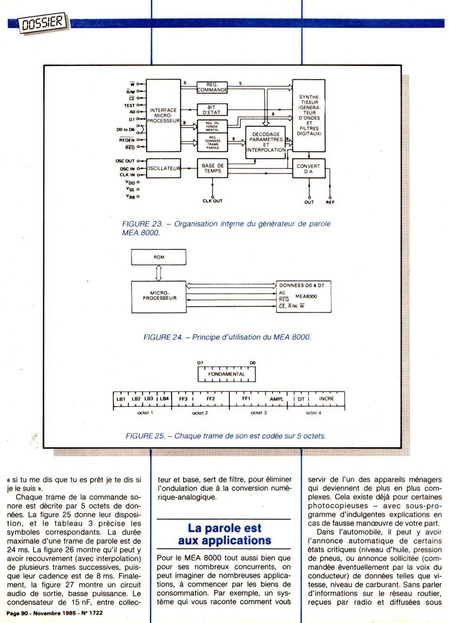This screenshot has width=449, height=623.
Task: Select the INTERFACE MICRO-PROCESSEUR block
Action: point(163,116)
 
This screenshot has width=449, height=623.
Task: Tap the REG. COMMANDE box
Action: point(212,87)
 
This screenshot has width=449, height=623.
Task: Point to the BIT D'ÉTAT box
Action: point(212,110)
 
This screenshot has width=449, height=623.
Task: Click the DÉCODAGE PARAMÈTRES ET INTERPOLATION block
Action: point(266,142)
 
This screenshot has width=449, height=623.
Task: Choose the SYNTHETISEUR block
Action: point(309,115)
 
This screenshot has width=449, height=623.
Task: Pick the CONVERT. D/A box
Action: point(308,169)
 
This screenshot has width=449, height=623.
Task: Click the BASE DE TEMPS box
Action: point(212,168)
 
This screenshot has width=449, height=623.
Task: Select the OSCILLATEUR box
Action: point(163,169)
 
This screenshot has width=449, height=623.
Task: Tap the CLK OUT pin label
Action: point(212,201)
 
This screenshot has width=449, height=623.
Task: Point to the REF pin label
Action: point(330,202)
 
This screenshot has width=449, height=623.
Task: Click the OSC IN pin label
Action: point(127,169)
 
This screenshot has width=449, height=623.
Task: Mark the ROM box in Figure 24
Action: point(158,257)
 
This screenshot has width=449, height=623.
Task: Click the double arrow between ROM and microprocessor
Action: point(158,273)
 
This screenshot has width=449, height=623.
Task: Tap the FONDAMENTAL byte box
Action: point(227,375)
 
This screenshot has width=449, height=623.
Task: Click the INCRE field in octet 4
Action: point(327,399)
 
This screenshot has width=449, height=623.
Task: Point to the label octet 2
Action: point(200,413)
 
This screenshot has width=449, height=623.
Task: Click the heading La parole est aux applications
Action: point(224,534)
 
